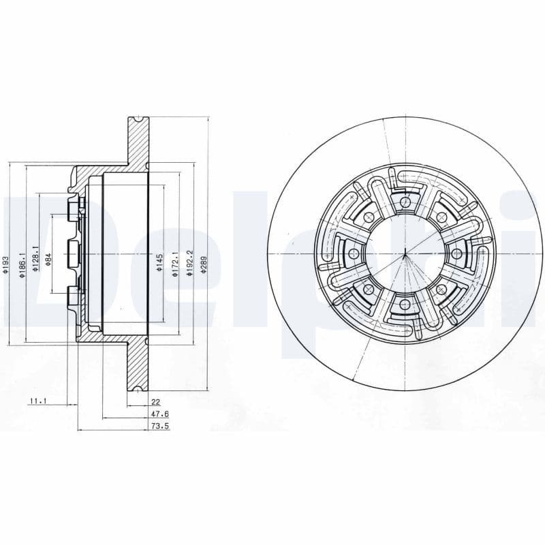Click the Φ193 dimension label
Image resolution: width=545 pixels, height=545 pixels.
[x=5, y=265]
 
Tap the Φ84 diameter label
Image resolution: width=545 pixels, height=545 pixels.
[x=48, y=260]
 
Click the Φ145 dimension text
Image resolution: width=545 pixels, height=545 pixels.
[x=159, y=262]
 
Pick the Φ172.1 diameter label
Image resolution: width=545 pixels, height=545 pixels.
[x=176, y=262]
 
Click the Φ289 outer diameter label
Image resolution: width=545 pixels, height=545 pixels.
[x=203, y=264]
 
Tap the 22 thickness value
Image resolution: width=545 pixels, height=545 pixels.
[x=155, y=403]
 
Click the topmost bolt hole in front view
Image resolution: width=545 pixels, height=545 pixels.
[x=405, y=202]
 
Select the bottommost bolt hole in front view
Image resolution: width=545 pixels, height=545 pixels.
[x=405, y=304]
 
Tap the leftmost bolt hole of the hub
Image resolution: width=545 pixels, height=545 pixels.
[x=353, y=253]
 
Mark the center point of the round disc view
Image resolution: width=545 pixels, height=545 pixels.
[x=405, y=253]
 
